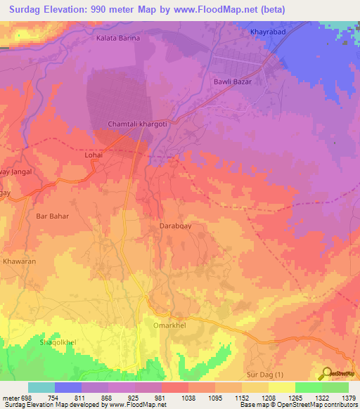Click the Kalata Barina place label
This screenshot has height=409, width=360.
[119, 38]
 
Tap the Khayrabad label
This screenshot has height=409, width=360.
[268, 32]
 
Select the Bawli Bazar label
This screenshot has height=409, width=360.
[232, 82]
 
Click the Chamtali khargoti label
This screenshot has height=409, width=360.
[136, 124]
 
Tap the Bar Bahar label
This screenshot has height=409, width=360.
[52, 216]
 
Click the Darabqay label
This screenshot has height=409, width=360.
[171, 227]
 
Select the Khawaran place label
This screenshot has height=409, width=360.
[19, 261]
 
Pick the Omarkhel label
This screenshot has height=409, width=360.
[167, 325]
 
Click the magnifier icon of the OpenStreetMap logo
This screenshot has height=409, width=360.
[326, 374]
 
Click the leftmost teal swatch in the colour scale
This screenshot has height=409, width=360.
[41, 387]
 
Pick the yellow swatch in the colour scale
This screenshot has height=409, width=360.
[281, 387]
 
